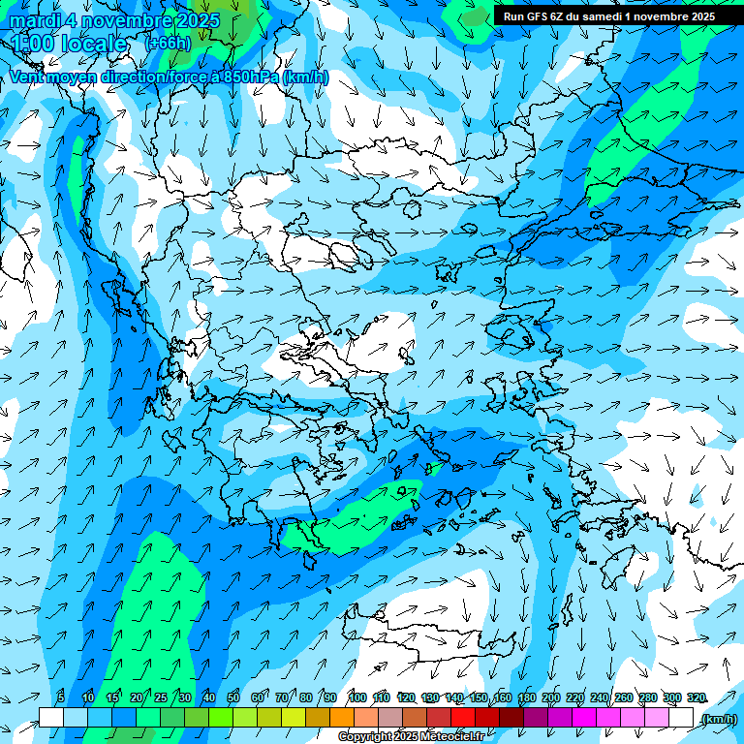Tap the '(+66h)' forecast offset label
coord(168,43)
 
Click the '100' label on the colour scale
coord(357,697)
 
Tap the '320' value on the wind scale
coord(697,697)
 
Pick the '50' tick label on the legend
coord(233,697)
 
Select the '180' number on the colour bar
coord(527,697)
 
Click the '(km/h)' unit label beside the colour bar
coord(719,719)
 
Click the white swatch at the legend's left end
coord(51,718)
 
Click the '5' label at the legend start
coord(61,697)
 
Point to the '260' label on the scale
coord(624,697)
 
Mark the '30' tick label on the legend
coord(185,697)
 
